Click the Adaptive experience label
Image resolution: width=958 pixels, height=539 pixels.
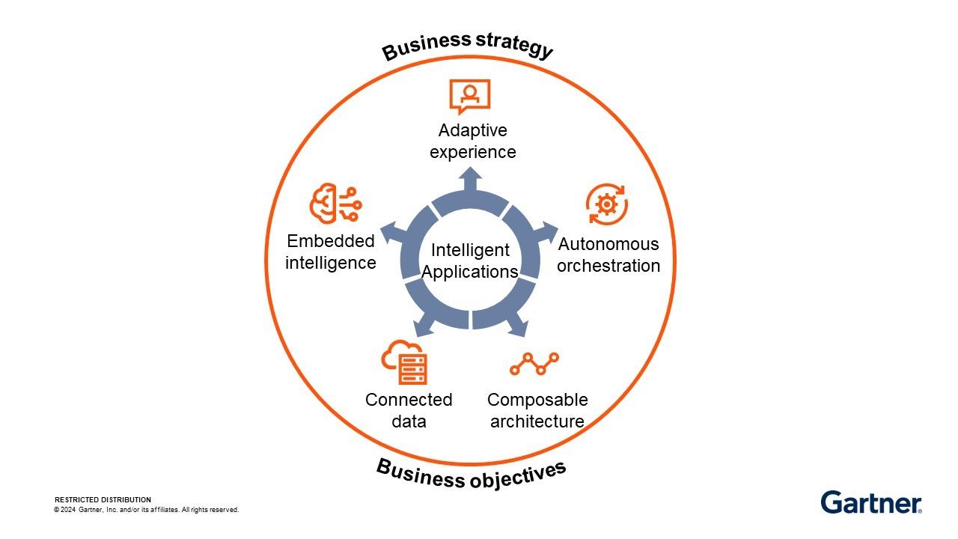pos(472,141)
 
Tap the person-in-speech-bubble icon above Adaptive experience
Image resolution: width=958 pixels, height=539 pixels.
pos(469,96)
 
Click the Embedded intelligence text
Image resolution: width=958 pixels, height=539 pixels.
pos(330,252)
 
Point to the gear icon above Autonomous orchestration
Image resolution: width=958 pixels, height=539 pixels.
pos(606,204)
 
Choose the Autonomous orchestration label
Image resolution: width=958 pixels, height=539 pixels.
pos(608,255)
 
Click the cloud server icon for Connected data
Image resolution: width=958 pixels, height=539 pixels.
pos(404,363)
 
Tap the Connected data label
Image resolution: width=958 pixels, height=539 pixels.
pos(409,410)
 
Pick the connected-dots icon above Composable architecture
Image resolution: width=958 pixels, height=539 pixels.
pos(534,364)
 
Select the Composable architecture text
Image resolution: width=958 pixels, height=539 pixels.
pos(537,410)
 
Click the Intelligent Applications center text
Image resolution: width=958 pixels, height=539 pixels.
pos(470,261)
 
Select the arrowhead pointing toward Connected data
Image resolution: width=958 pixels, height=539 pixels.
pos(423,326)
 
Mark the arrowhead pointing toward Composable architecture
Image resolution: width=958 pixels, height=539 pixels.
pos(519,326)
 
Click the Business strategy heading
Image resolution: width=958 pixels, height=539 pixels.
pos(468,46)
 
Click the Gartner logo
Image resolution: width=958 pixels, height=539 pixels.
pos(871,502)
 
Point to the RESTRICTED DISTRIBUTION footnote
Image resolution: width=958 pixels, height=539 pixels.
pos(103,499)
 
